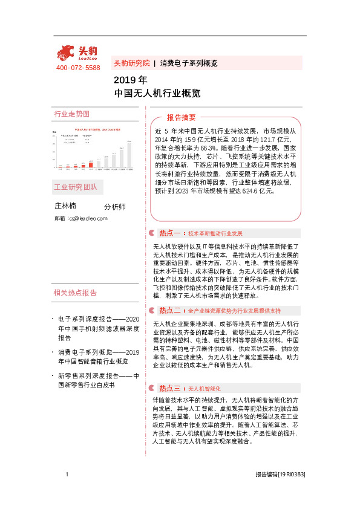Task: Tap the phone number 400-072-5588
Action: tap(78, 68)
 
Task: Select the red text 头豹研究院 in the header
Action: tap(131, 63)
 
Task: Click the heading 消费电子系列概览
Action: tap(188, 63)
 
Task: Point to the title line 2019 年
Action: tap(130, 80)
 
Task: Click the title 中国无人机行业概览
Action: tap(148, 93)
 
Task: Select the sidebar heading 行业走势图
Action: tap(71, 114)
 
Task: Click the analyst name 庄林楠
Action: tap(65, 206)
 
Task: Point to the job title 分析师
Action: tap(115, 207)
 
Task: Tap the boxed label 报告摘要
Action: tap(182, 117)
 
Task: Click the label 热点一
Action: tap(170, 233)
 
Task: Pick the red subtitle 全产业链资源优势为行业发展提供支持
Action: tap(234, 311)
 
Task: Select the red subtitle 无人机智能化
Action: tap(205, 388)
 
